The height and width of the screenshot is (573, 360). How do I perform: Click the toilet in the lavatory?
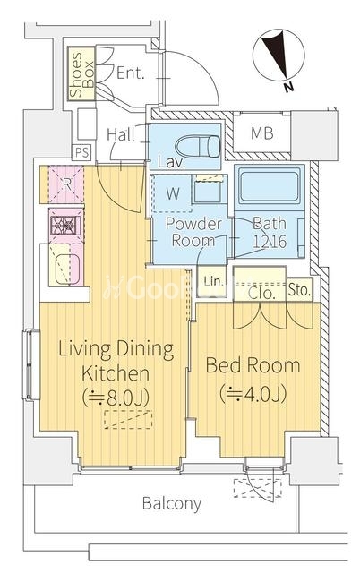(x=197, y=146)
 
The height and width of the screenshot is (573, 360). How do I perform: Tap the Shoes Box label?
(x=81, y=74)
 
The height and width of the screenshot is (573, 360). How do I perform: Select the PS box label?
(x=81, y=152)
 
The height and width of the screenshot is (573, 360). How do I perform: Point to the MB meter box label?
(x=261, y=133)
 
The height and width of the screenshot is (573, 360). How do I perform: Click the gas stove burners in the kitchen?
(x=65, y=225)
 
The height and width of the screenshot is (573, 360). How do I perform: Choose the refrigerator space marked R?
(x=66, y=184)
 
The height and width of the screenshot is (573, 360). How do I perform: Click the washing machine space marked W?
(x=173, y=193)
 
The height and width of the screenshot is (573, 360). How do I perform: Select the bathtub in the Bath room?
(x=269, y=186)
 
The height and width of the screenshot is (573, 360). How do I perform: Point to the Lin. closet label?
(x=213, y=281)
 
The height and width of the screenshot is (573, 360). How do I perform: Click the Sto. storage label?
(x=299, y=290)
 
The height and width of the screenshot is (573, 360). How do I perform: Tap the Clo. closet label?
(x=261, y=293)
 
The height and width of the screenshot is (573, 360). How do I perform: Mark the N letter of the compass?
(x=288, y=88)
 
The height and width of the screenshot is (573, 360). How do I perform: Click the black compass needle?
(x=278, y=54)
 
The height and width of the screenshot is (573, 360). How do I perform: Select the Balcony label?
(x=171, y=503)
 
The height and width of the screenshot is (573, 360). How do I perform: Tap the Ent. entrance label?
(x=130, y=73)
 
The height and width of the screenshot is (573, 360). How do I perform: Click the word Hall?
(x=121, y=134)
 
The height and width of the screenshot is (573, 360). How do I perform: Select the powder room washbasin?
(x=207, y=192)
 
